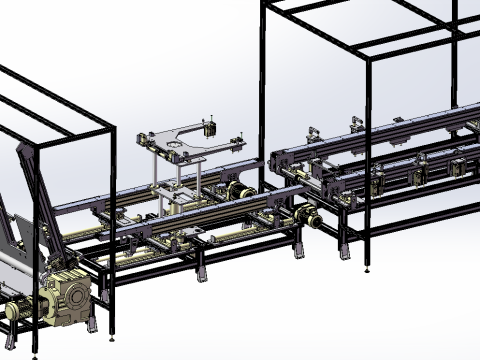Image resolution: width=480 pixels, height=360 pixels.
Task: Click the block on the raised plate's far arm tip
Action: click(210, 128)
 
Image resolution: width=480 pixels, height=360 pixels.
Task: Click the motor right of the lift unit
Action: click(239, 193)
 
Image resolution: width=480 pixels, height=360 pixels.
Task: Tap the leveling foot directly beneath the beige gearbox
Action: click(93, 326)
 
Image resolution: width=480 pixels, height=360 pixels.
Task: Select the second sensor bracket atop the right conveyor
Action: click(356, 125)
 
